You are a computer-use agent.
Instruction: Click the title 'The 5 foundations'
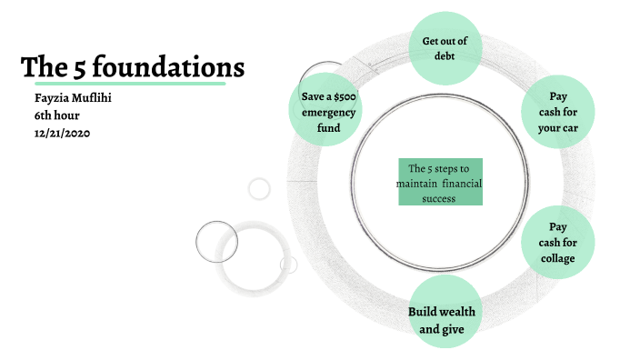coord(133,66)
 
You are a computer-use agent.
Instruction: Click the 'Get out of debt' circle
coord(444,47)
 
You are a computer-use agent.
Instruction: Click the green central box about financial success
coord(440,182)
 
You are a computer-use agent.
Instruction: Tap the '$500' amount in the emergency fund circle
coord(344,96)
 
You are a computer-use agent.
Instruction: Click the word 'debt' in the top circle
coord(444,55)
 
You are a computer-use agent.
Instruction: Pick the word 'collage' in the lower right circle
coord(558,258)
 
